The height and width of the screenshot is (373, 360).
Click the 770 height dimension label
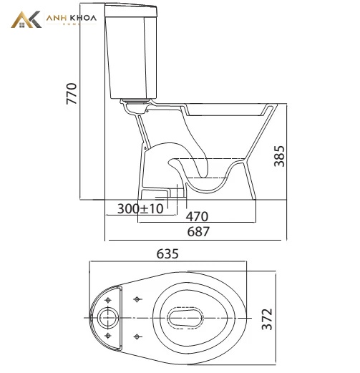point(72,94)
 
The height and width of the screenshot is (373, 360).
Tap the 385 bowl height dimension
point(279,156)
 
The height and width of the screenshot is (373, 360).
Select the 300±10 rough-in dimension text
point(140,208)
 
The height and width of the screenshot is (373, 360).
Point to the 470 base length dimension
point(197,216)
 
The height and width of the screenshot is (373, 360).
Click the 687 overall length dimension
point(198,231)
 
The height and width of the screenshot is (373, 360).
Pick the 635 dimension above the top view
point(167,253)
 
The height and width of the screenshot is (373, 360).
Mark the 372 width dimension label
point(267,319)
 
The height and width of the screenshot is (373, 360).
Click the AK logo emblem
point(26,19)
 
